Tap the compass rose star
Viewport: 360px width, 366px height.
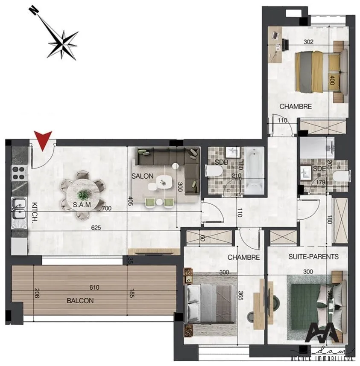(63, 43)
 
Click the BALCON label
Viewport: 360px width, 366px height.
(80, 300)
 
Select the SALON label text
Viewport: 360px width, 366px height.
(140, 176)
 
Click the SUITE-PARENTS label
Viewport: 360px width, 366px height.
(313, 257)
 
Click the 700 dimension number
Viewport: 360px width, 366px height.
(107, 209)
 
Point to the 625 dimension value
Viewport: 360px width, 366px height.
(96, 227)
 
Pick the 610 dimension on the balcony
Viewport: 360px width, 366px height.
(94, 288)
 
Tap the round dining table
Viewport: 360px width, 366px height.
(84, 195)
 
